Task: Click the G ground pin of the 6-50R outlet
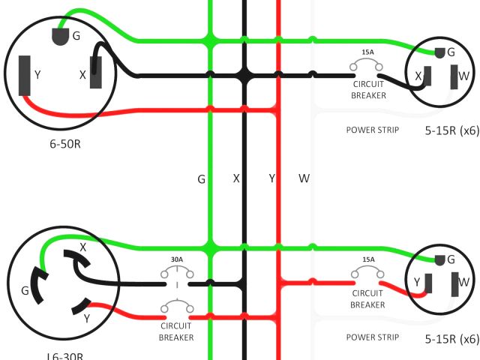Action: tap(59, 36)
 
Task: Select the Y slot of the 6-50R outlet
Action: tap(25, 74)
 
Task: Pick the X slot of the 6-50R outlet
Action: tap(96, 73)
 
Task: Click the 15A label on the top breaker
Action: tap(367, 52)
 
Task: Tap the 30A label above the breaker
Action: tap(176, 259)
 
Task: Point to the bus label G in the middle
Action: tap(201, 179)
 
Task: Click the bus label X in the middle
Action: tap(236, 178)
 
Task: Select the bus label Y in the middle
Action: tap(272, 178)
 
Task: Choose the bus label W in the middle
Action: tap(304, 178)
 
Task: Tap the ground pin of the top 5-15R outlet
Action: tap(440, 52)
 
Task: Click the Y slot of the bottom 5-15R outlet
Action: tap(428, 283)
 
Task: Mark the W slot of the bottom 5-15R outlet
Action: tap(454, 283)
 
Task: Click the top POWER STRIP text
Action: tap(372, 130)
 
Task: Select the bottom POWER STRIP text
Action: tap(372, 337)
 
